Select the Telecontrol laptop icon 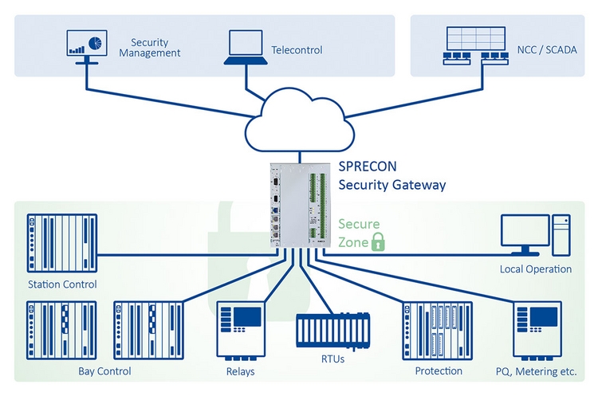[x=245, y=47]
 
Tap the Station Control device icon [x=61, y=244]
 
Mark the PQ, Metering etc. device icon [x=539, y=331]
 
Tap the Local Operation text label [x=535, y=269]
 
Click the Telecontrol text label [x=297, y=50]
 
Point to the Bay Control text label [x=104, y=371]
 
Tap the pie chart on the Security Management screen [x=95, y=41]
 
